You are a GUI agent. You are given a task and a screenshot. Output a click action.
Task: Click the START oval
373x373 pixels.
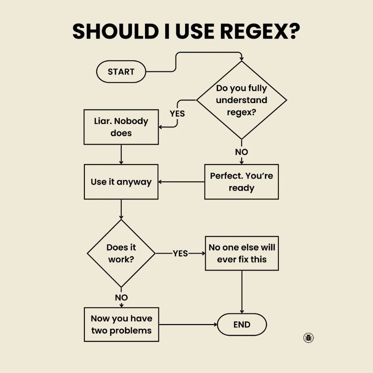coord(121,72)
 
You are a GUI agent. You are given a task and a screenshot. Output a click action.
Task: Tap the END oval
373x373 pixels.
coord(242,325)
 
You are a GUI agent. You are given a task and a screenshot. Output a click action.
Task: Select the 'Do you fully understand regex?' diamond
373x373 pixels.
coord(242,100)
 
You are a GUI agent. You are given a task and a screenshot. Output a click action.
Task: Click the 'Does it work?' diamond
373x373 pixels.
coord(121,253)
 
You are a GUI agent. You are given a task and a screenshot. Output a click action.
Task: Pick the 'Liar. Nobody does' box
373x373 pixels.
coord(121,127)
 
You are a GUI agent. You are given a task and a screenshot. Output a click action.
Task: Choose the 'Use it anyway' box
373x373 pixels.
coord(121,182)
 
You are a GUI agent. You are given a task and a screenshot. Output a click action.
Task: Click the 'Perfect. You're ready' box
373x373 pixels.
coord(242,182)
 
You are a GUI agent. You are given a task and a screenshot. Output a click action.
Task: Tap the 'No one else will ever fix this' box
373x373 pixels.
coord(242,253)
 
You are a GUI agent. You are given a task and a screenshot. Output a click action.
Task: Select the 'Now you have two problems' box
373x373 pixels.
coord(121,325)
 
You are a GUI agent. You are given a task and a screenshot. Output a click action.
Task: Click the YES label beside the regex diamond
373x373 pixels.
coord(177,113)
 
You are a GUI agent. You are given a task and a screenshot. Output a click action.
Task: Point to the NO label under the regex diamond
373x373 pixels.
coord(242,152)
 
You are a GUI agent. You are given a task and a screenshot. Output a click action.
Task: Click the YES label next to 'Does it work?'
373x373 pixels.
coord(180,253)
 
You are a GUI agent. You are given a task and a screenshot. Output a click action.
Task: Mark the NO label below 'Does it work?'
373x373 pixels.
coord(121,297)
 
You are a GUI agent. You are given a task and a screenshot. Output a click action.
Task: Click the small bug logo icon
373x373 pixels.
coord(308,338)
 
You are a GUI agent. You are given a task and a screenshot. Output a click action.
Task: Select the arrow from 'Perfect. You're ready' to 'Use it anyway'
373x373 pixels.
coord(182,182)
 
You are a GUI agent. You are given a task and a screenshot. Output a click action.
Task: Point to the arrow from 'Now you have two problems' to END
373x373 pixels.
coord(186,325)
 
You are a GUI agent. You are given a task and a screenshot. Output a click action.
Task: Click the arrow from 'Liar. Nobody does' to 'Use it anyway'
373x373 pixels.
coord(121,154)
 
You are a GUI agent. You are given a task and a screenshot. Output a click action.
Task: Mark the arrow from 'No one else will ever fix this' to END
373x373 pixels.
coord(242,291)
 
